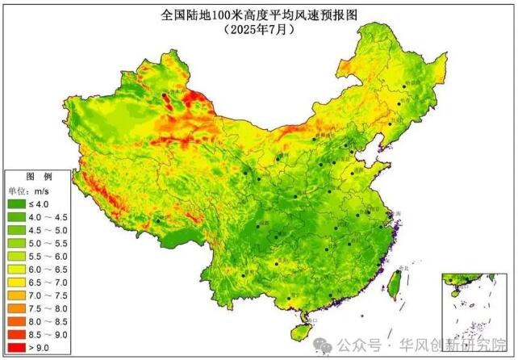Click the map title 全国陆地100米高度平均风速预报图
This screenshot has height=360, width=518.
(x=258, y=14)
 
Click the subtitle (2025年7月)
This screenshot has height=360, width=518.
(x=258, y=29)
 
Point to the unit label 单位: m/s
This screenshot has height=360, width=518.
(x=32, y=190)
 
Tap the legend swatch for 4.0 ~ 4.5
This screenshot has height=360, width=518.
(x=17, y=217)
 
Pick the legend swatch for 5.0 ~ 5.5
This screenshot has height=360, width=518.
(x=17, y=241)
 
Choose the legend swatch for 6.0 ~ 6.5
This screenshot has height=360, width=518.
(x=17, y=266)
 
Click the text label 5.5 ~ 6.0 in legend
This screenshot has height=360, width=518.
(x=50, y=253)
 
